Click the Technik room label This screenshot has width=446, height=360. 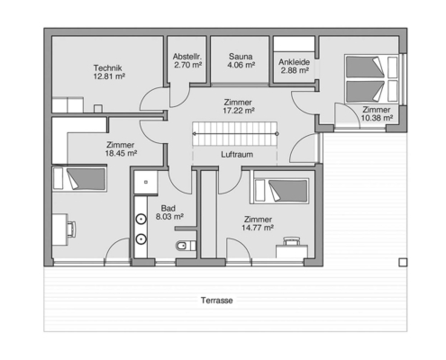tap(107, 68)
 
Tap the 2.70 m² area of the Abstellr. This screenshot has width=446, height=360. tap(187, 65)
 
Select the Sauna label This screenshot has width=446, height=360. tap(241, 57)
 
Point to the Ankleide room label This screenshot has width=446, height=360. tap(294, 62)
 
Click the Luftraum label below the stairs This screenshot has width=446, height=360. tap(237, 155)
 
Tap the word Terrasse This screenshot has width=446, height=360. tap(217, 301)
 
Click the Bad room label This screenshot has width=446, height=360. tap(168, 208)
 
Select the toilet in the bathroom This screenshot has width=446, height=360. tap(186, 247)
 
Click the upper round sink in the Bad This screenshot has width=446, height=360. tap(141, 220)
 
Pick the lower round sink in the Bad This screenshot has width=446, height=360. tap(141, 239)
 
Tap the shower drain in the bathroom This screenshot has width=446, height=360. tap(146, 182)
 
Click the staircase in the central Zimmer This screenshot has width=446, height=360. tap(234, 134)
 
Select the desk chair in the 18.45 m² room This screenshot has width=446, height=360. tap(71, 229)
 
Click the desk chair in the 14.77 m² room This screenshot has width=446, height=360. tap(291, 240)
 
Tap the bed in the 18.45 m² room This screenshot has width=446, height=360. tap(79, 179)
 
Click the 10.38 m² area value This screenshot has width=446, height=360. tap(377, 118)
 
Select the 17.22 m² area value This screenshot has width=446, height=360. tap(239, 111)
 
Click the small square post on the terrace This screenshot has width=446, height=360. tap(403, 263)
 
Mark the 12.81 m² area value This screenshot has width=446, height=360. tap(109, 76)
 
